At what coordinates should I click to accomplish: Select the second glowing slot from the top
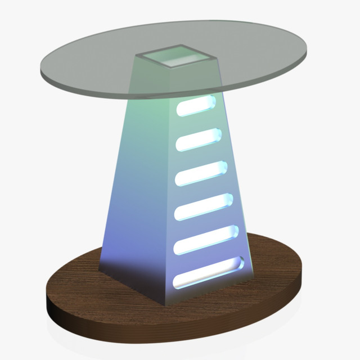click(199, 139)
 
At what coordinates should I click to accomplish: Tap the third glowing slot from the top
click(200, 173)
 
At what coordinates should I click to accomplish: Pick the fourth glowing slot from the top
click(204, 207)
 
